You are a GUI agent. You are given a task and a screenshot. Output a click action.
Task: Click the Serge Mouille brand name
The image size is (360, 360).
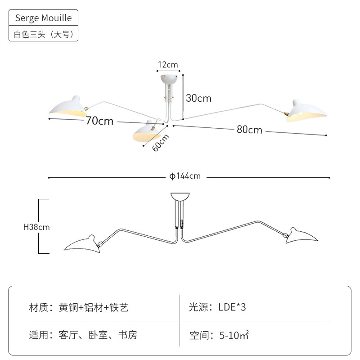[43, 18]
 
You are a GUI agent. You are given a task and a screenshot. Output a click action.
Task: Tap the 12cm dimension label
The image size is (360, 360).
[168, 65]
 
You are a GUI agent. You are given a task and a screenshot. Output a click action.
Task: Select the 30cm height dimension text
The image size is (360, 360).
[198, 98]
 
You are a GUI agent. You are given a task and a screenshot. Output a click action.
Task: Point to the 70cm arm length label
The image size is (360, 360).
[99, 121]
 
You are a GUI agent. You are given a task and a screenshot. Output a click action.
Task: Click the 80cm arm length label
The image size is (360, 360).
[249, 130]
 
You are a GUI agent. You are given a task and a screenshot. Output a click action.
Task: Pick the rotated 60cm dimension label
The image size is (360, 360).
[161, 143]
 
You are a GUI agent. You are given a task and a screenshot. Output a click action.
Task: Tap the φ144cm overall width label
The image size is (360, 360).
[185, 176]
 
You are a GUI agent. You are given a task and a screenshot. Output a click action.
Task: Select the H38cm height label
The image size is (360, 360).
[36, 227]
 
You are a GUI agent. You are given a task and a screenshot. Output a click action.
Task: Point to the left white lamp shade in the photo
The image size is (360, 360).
[68, 108]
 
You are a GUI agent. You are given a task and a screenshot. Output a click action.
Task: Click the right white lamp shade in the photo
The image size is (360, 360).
[306, 111]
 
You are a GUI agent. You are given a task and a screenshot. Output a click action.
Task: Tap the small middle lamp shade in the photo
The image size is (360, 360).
[146, 131]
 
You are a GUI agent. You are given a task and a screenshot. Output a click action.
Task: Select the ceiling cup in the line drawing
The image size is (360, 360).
[180, 196]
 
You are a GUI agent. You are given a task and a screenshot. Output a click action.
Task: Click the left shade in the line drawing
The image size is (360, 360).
[83, 244]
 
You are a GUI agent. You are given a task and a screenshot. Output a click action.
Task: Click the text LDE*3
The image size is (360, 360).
[232, 307]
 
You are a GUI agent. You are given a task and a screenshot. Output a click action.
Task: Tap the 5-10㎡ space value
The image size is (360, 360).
[234, 335]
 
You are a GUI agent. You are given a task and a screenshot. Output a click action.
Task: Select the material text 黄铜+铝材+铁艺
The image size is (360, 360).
[94, 307]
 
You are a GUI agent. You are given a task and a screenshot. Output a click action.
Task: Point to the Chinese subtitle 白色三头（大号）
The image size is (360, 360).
[44, 34]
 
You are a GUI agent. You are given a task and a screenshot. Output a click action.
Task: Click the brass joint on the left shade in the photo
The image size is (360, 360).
[86, 109]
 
